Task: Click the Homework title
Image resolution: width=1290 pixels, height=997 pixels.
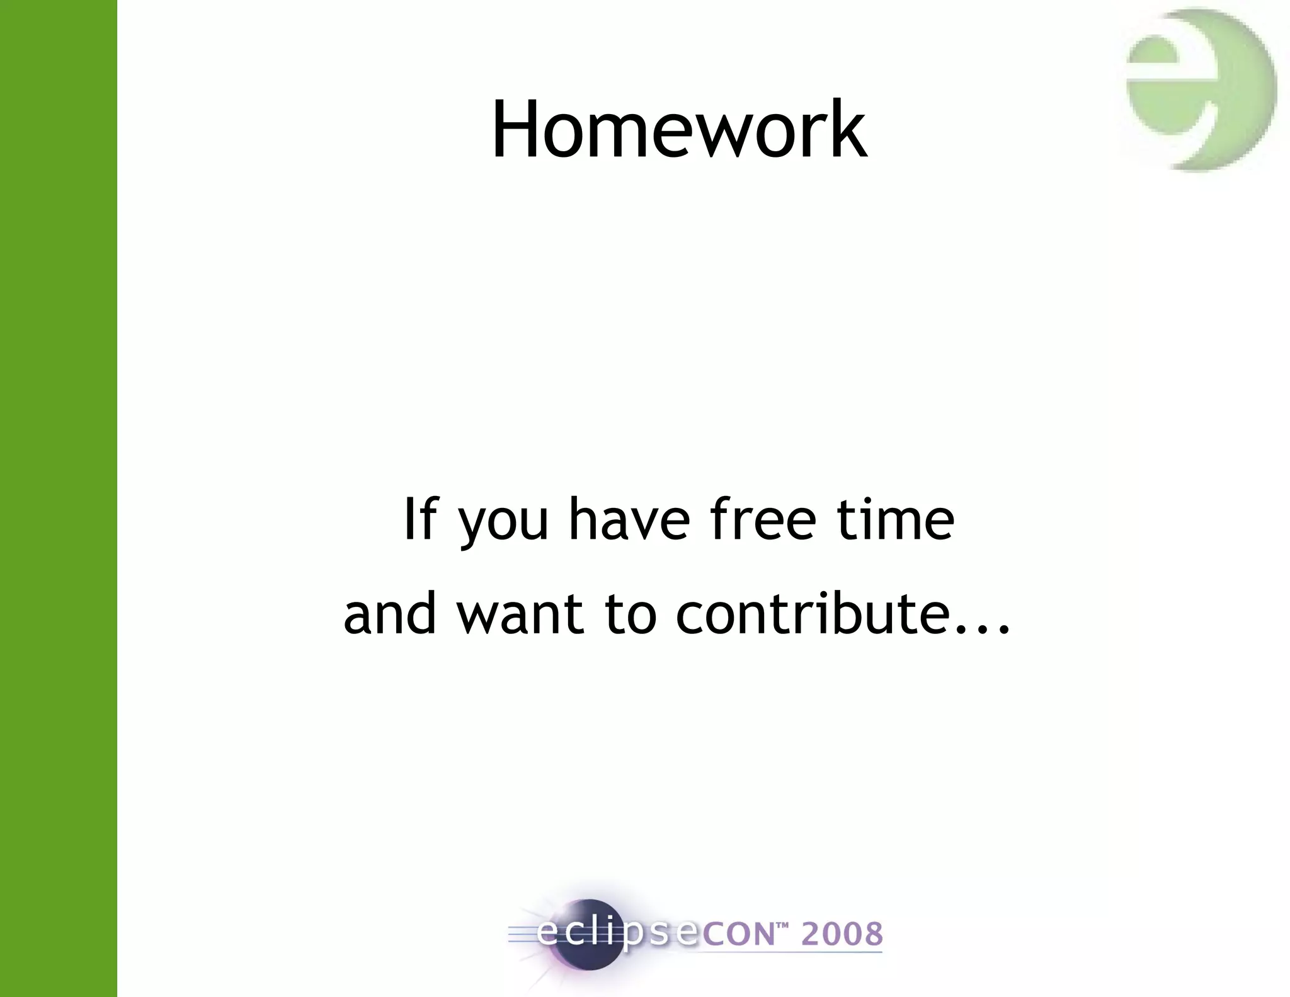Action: (x=678, y=130)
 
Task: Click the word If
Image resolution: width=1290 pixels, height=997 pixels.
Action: (x=420, y=519)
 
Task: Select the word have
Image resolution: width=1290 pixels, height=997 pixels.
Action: (x=629, y=519)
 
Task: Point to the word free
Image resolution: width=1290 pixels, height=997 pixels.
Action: (x=763, y=519)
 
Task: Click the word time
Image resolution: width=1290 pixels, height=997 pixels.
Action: (x=895, y=519)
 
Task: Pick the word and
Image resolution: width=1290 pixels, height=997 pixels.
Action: (x=390, y=614)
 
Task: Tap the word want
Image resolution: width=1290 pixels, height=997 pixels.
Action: (x=520, y=615)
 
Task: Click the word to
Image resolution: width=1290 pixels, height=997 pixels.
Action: (x=631, y=615)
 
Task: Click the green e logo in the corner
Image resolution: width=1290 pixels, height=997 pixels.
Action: (x=1200, y=89)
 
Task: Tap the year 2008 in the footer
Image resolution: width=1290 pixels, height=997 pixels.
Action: (x=842, y=934)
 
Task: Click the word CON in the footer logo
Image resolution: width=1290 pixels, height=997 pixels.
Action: (x=738, y=935)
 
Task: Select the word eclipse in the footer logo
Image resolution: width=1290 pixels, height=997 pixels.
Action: (x=617, y=933)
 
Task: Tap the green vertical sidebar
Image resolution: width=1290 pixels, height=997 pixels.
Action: (x=58, y=498)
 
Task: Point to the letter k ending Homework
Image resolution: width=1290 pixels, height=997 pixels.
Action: (x=848, y=130)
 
